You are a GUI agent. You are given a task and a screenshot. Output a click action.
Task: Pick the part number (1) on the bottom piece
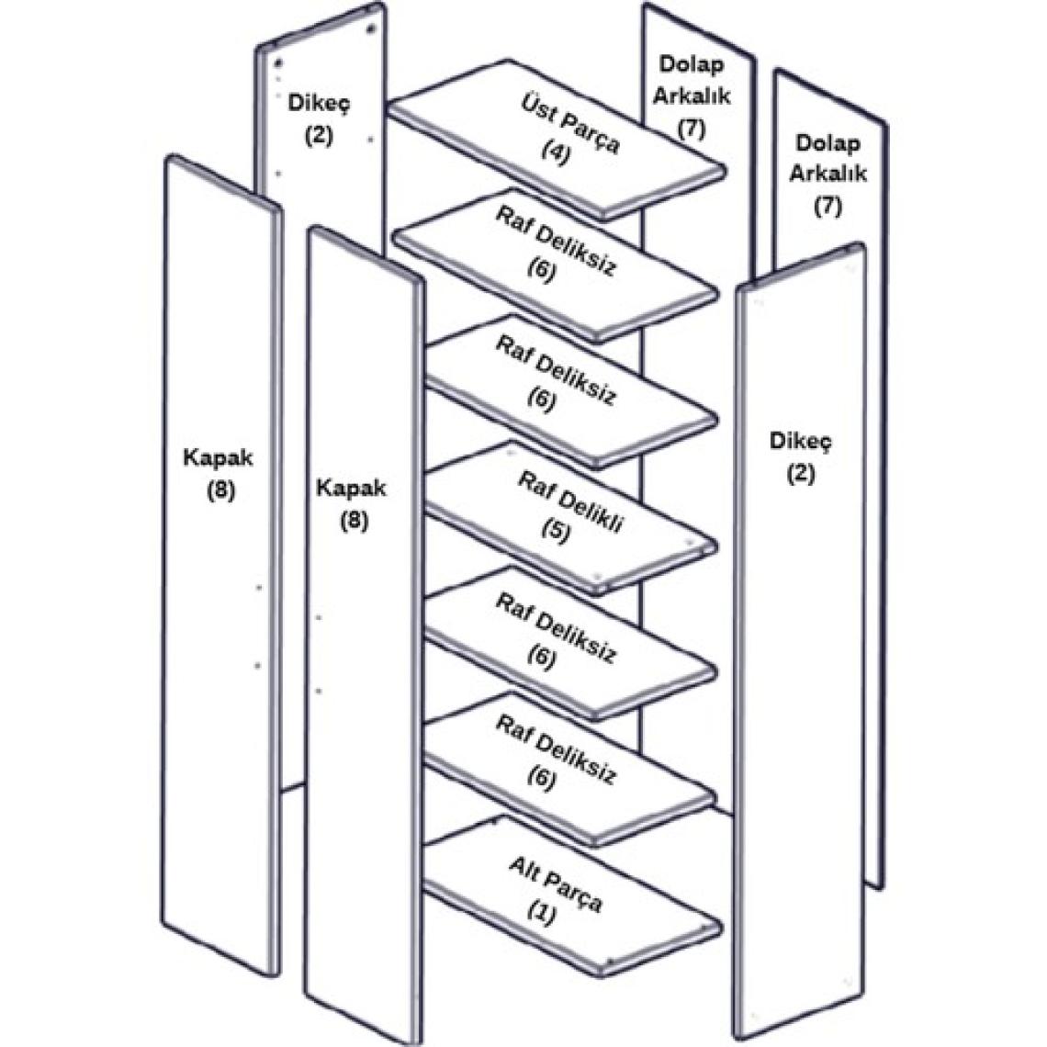(x=543, y=914)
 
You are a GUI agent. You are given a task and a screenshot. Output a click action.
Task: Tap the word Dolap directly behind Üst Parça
(x=691, y=65)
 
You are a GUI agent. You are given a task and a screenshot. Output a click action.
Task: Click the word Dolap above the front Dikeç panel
(x=827, y=143)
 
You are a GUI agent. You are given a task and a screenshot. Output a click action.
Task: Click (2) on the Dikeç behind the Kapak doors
(x=319, y=134)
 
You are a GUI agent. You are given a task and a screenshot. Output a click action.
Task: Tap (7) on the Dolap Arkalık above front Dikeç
(x=827, y=206)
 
